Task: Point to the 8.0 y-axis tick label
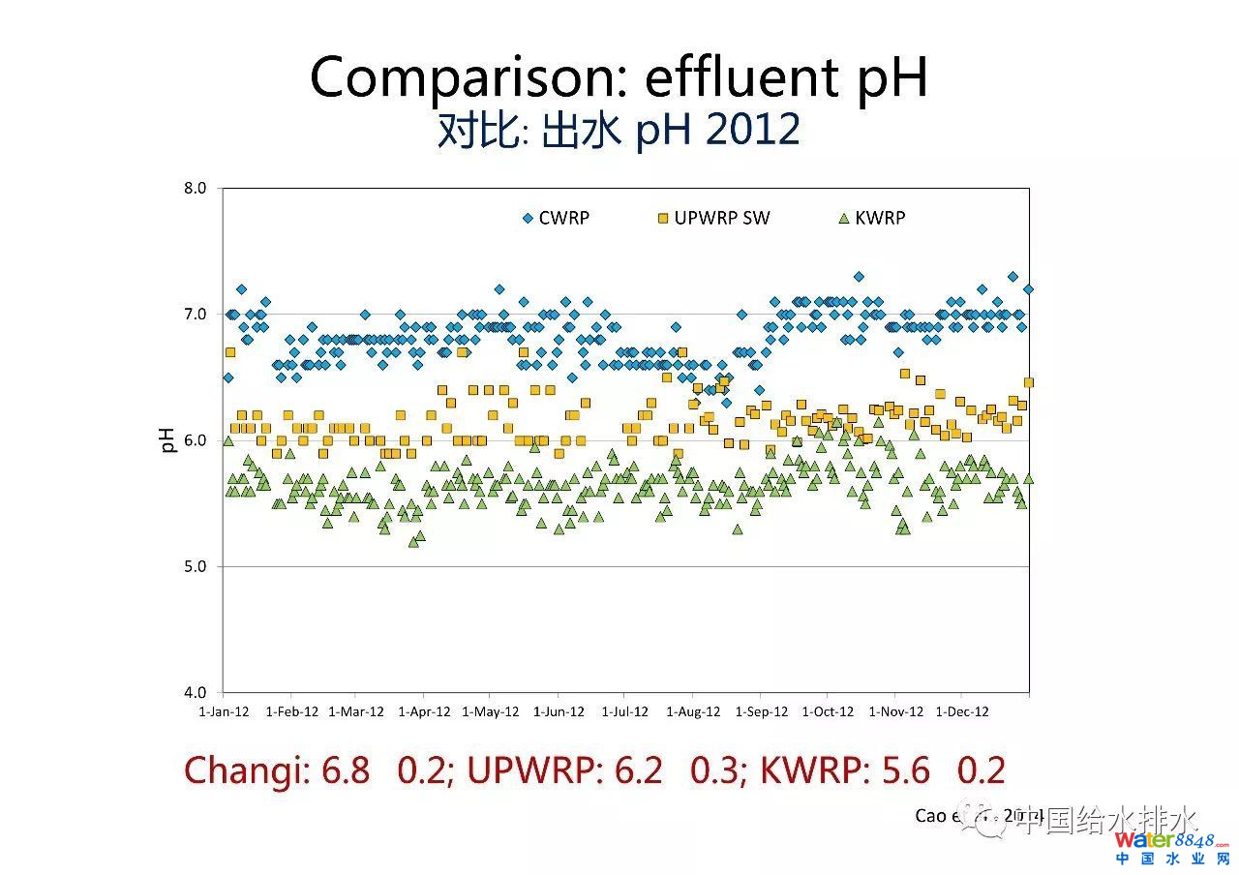coord(195,188)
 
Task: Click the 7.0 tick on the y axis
coord(195,314)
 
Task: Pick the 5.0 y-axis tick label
coord(195,566)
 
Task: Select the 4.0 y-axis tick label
coord(195,692)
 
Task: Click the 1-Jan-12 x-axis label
coord(224,711)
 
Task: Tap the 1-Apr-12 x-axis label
coord(424,711)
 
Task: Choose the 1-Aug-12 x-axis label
coord(693,711)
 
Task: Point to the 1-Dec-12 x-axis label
coord(962,711)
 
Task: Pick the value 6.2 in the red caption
coord(639,770)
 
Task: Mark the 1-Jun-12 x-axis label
coord(559,711)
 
